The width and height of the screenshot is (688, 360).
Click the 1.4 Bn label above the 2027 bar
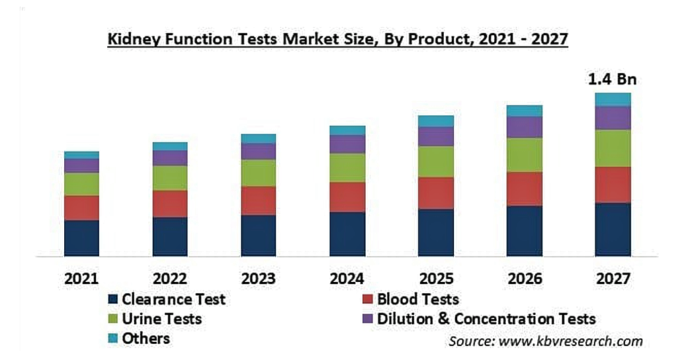coord(612,79)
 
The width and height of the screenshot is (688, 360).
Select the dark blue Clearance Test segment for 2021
coord(81,238)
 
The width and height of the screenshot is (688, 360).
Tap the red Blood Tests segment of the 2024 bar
coord(347,197)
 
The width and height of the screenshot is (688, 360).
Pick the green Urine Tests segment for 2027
coord(613,148)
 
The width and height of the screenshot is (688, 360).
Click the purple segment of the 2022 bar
coord(170,158)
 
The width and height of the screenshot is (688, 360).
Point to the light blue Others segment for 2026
coord(524,111)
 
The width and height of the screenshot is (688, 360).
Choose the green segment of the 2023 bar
coord(259,173)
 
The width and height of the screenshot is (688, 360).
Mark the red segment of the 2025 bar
coord(436,193)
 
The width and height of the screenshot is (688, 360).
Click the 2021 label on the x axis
coord(81,279)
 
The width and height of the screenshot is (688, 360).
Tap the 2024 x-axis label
coord(347,279)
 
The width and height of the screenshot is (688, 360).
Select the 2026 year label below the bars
coord(525,279)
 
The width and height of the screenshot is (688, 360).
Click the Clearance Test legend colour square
coord(113,300)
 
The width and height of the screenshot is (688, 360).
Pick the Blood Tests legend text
coord(418,299)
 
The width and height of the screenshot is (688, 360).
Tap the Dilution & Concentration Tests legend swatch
coord(368,319)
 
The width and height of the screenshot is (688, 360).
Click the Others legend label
coord(146,339)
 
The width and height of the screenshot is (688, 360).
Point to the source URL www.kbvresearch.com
coord(570,341)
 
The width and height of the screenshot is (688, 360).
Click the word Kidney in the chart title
coord(134,40)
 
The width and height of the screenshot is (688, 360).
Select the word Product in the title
coord(440,39)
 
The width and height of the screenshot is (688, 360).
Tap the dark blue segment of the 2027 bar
coord(613,230)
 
